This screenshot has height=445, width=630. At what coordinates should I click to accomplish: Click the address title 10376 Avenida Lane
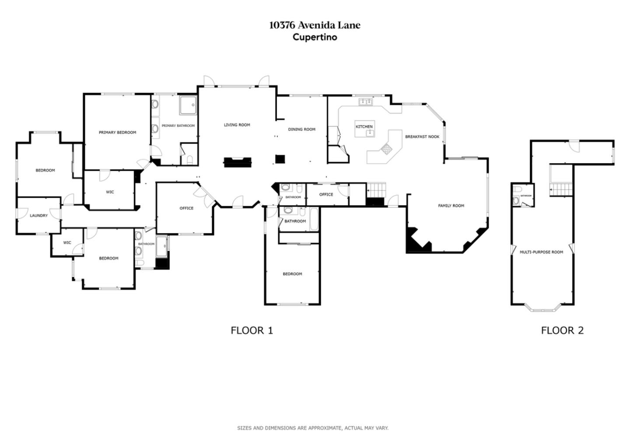click(315, 25)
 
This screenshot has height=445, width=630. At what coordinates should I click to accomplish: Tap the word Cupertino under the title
click(315, 37)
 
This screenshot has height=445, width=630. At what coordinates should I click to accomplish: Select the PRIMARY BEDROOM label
click(117, 133)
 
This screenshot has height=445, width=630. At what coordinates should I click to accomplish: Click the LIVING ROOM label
click(237, 125)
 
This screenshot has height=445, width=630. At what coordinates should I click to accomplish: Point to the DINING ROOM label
click(301, 130)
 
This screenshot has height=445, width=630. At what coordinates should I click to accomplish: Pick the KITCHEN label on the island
click(364, 127)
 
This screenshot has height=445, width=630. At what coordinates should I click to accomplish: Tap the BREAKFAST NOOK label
click(422, 137)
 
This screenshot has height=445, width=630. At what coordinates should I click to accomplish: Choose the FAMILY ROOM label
click(451, 206)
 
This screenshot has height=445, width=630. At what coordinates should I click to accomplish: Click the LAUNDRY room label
click(38, 216)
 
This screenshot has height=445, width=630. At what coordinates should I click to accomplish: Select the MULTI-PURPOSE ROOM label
click(541, 252)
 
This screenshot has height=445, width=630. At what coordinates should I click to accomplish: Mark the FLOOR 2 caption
click(562, 330)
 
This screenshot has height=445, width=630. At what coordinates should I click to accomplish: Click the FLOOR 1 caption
click(252, 330)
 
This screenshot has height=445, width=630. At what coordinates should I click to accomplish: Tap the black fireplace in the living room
click(238, 162)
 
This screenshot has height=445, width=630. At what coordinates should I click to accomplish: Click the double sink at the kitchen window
click(365, 102)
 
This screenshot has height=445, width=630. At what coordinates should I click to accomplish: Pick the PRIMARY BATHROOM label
click(178, 126)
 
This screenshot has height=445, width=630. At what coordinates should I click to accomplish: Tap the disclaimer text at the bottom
click(312, 428)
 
